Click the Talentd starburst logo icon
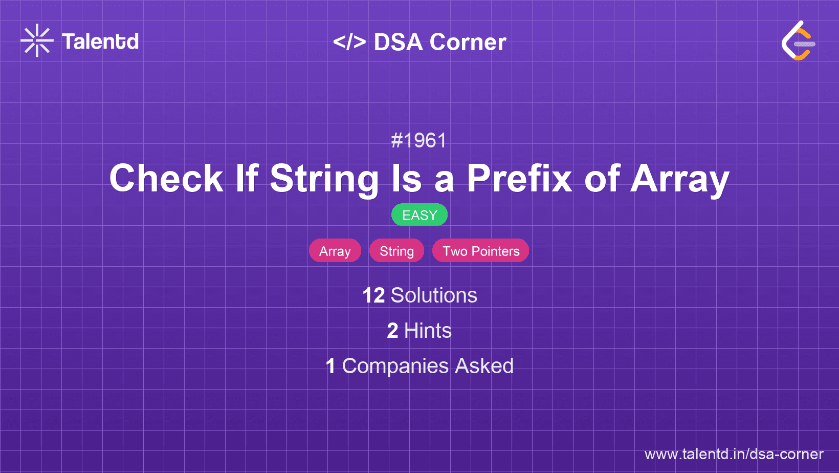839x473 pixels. click(37, 40)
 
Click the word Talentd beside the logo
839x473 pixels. click(100, 41)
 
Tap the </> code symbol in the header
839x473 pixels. click(349, 42)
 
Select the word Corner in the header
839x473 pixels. click(468, 42)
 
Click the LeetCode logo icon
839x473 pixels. click(798, 41)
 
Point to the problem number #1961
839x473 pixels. click(419, 140)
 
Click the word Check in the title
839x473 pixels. click(166, 179)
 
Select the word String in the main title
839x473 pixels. click(324, 179)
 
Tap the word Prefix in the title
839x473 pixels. click(519, 179)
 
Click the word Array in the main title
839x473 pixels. click(680, 179)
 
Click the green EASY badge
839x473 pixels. click(419, 215)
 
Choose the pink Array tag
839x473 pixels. click(335, 251)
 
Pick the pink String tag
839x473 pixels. click(396, 251)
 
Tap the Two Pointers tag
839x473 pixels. click(481, 251)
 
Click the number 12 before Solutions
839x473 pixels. click(373, 295)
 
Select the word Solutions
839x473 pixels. click(434, 295)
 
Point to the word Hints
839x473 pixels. click(428, 331)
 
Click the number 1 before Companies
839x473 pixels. click(330, 366)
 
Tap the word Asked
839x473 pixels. click(484, 366)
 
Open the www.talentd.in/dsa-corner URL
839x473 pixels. click(734, 454)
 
